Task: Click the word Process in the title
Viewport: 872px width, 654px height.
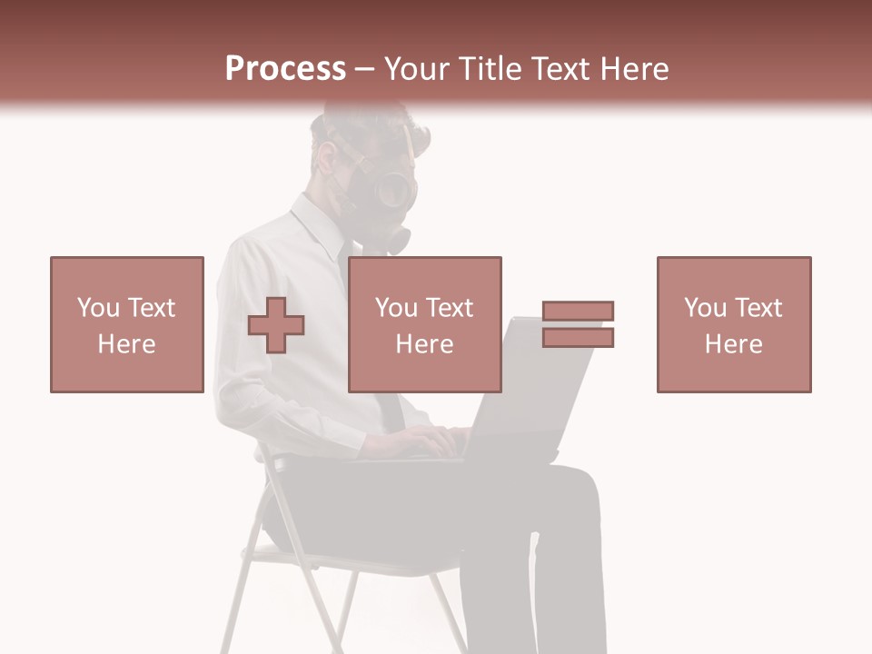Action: click(x=285, y=69)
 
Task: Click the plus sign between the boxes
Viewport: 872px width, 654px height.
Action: click(x=276, y=325)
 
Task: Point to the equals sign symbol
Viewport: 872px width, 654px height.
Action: click(x=578, y=324)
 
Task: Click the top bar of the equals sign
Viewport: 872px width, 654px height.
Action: click(x=578, y=312)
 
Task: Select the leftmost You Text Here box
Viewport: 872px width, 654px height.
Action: click(x=127, y=324)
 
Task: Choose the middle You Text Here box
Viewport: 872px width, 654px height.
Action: click(x=424, y=324)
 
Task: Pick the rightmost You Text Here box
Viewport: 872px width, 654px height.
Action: click(x=733, y=324)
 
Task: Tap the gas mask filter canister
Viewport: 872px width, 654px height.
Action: click(x=397, y=240)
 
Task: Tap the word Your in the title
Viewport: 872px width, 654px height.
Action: click(x=417, y=69)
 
